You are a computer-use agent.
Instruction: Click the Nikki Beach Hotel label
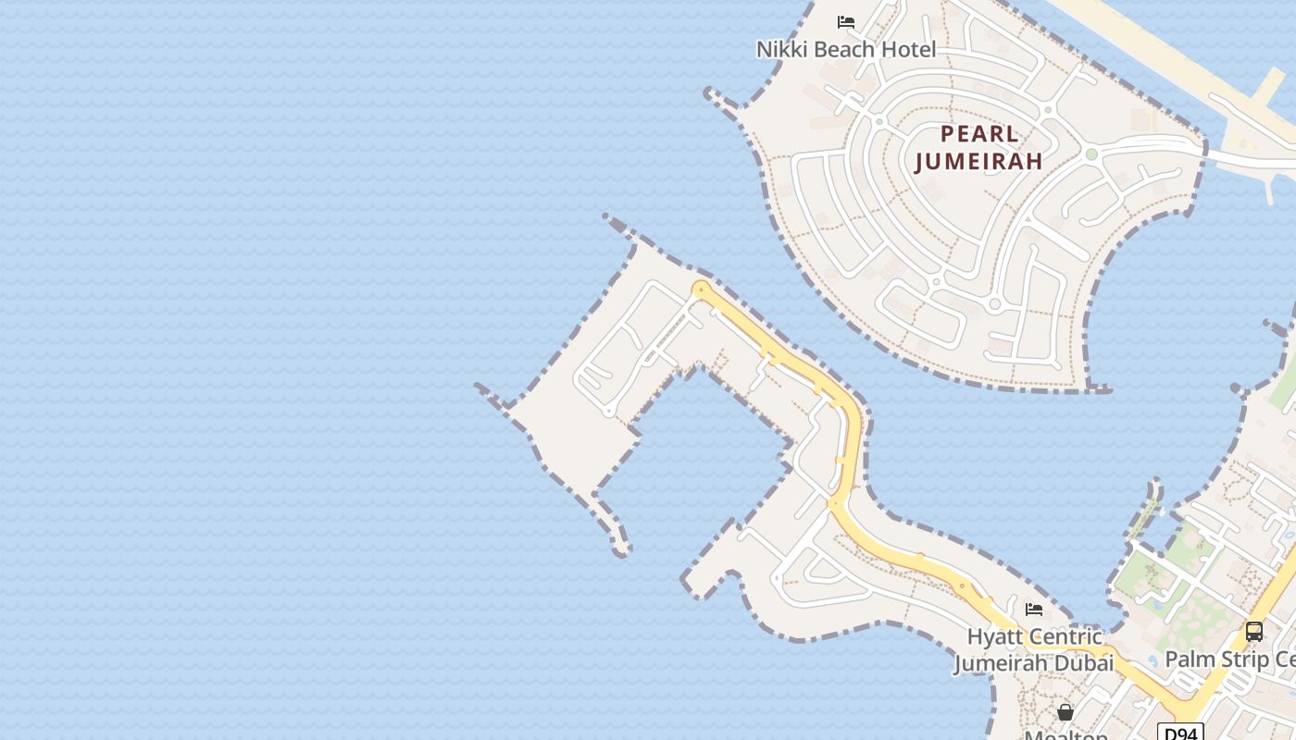click(x=846, y=50)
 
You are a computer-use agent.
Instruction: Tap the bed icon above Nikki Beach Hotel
click(x=846, y=22)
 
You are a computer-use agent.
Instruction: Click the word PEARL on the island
click(x=979, y=132)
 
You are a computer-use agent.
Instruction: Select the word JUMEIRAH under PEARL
click(x=979, y=161)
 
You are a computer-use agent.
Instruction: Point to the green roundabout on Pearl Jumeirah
click(x=1091, y=154)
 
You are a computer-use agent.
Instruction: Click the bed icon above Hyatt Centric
click(x=1034, y=610)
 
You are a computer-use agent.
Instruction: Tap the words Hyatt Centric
click(x=1034, y=636)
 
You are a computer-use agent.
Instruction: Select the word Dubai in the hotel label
click(x=1081, y=663)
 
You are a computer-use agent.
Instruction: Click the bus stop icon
click(x=1254, y=632)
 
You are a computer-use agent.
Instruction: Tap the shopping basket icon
click(x=1065, y=712)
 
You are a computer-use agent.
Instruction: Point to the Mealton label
click(x=1066, y=735)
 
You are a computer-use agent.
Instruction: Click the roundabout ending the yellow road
click(x=701, y=290)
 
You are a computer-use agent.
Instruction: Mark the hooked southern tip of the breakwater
click(x=620, y=551)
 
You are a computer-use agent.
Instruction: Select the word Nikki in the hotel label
click(x=782, y=50)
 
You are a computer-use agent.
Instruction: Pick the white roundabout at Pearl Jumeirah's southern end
click(x=995, y=303)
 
